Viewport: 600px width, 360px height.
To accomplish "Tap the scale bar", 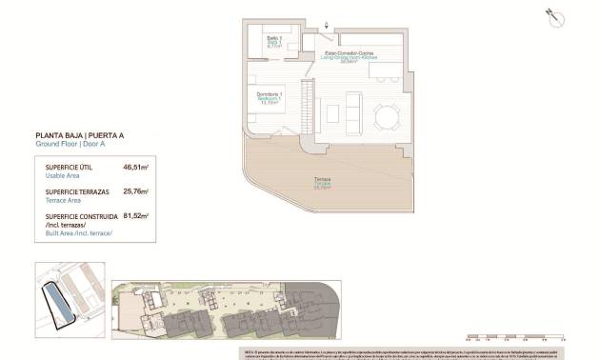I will coord(513,336).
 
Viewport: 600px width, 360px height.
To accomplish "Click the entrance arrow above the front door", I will coord(327,25).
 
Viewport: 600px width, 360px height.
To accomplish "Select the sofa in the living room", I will coord(352,116).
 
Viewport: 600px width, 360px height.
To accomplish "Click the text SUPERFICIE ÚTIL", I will coord(68,168).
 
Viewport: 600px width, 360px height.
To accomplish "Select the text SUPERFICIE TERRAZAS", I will coord(75,192).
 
